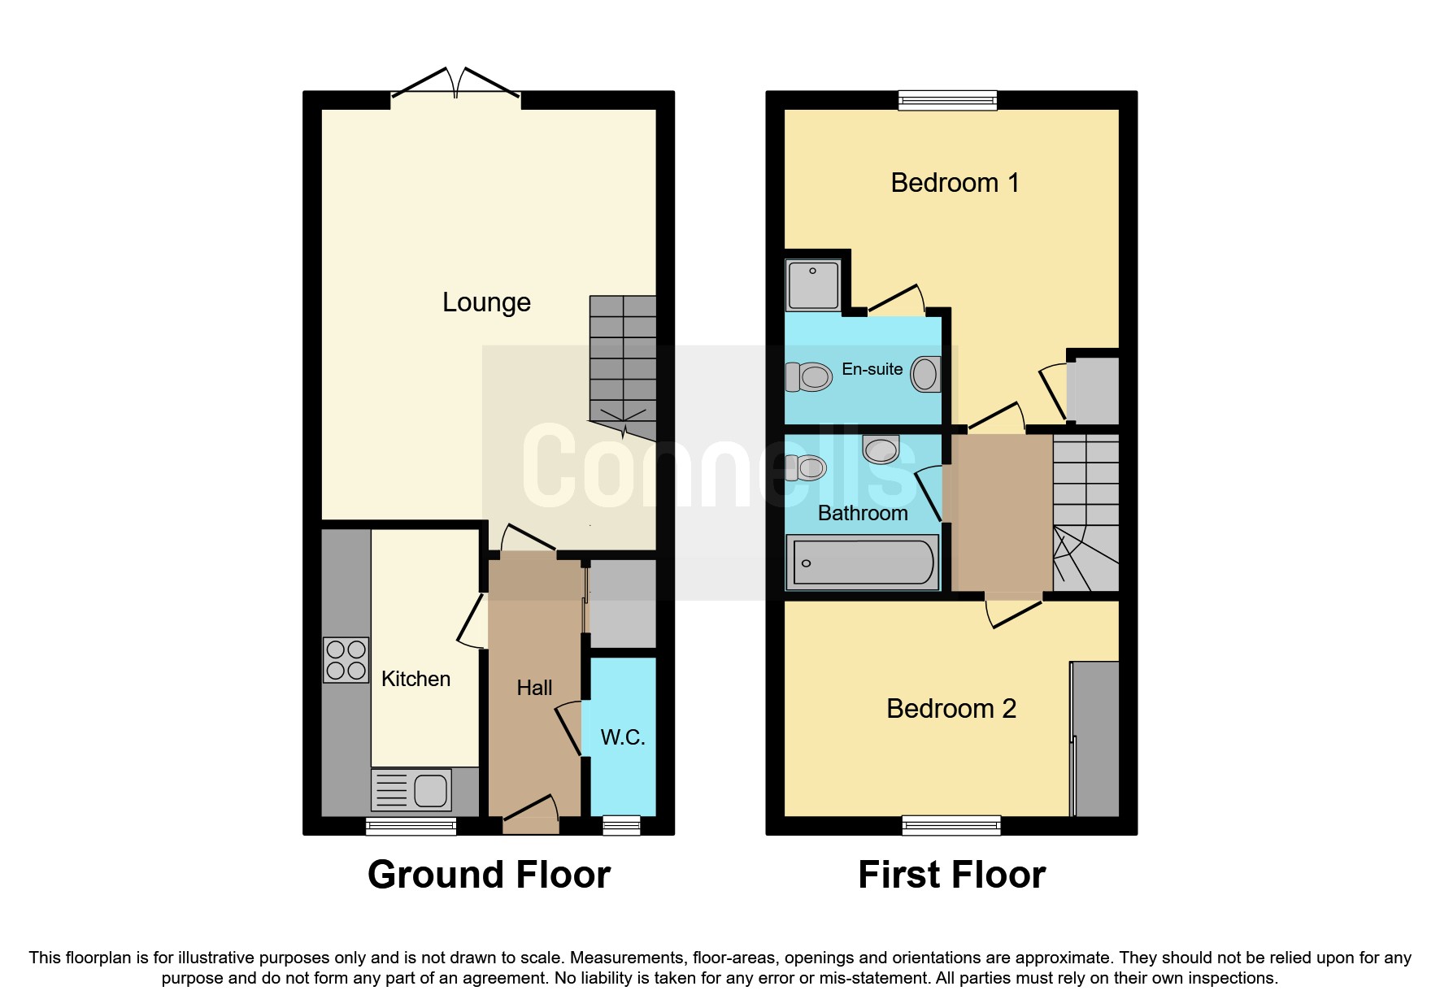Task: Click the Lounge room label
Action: (x=486, y=302)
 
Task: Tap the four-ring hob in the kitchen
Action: (x=346, y=659)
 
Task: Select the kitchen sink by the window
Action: (x=412, y=789)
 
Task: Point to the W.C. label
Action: (x=623, y=737)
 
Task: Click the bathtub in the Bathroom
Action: (x=863, y=562)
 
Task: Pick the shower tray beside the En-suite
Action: (x=813, y=285)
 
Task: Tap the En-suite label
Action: (x=872, y=369)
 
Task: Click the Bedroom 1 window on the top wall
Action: (x=947, y=100)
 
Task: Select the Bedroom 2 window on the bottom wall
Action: (x=951, y=826)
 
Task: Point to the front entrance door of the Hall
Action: (x=531, y=815)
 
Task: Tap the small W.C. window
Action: (x=621, y=826)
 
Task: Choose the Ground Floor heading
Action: (x=489, y=875)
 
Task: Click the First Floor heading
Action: (x=951, y=875)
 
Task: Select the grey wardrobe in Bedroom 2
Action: (x=1095, y=738)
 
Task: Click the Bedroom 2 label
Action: (x=951, y=709)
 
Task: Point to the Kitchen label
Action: (x=415, y=679)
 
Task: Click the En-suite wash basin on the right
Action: (x=924, y=375)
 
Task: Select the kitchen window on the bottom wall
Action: (x=411, y=826)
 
